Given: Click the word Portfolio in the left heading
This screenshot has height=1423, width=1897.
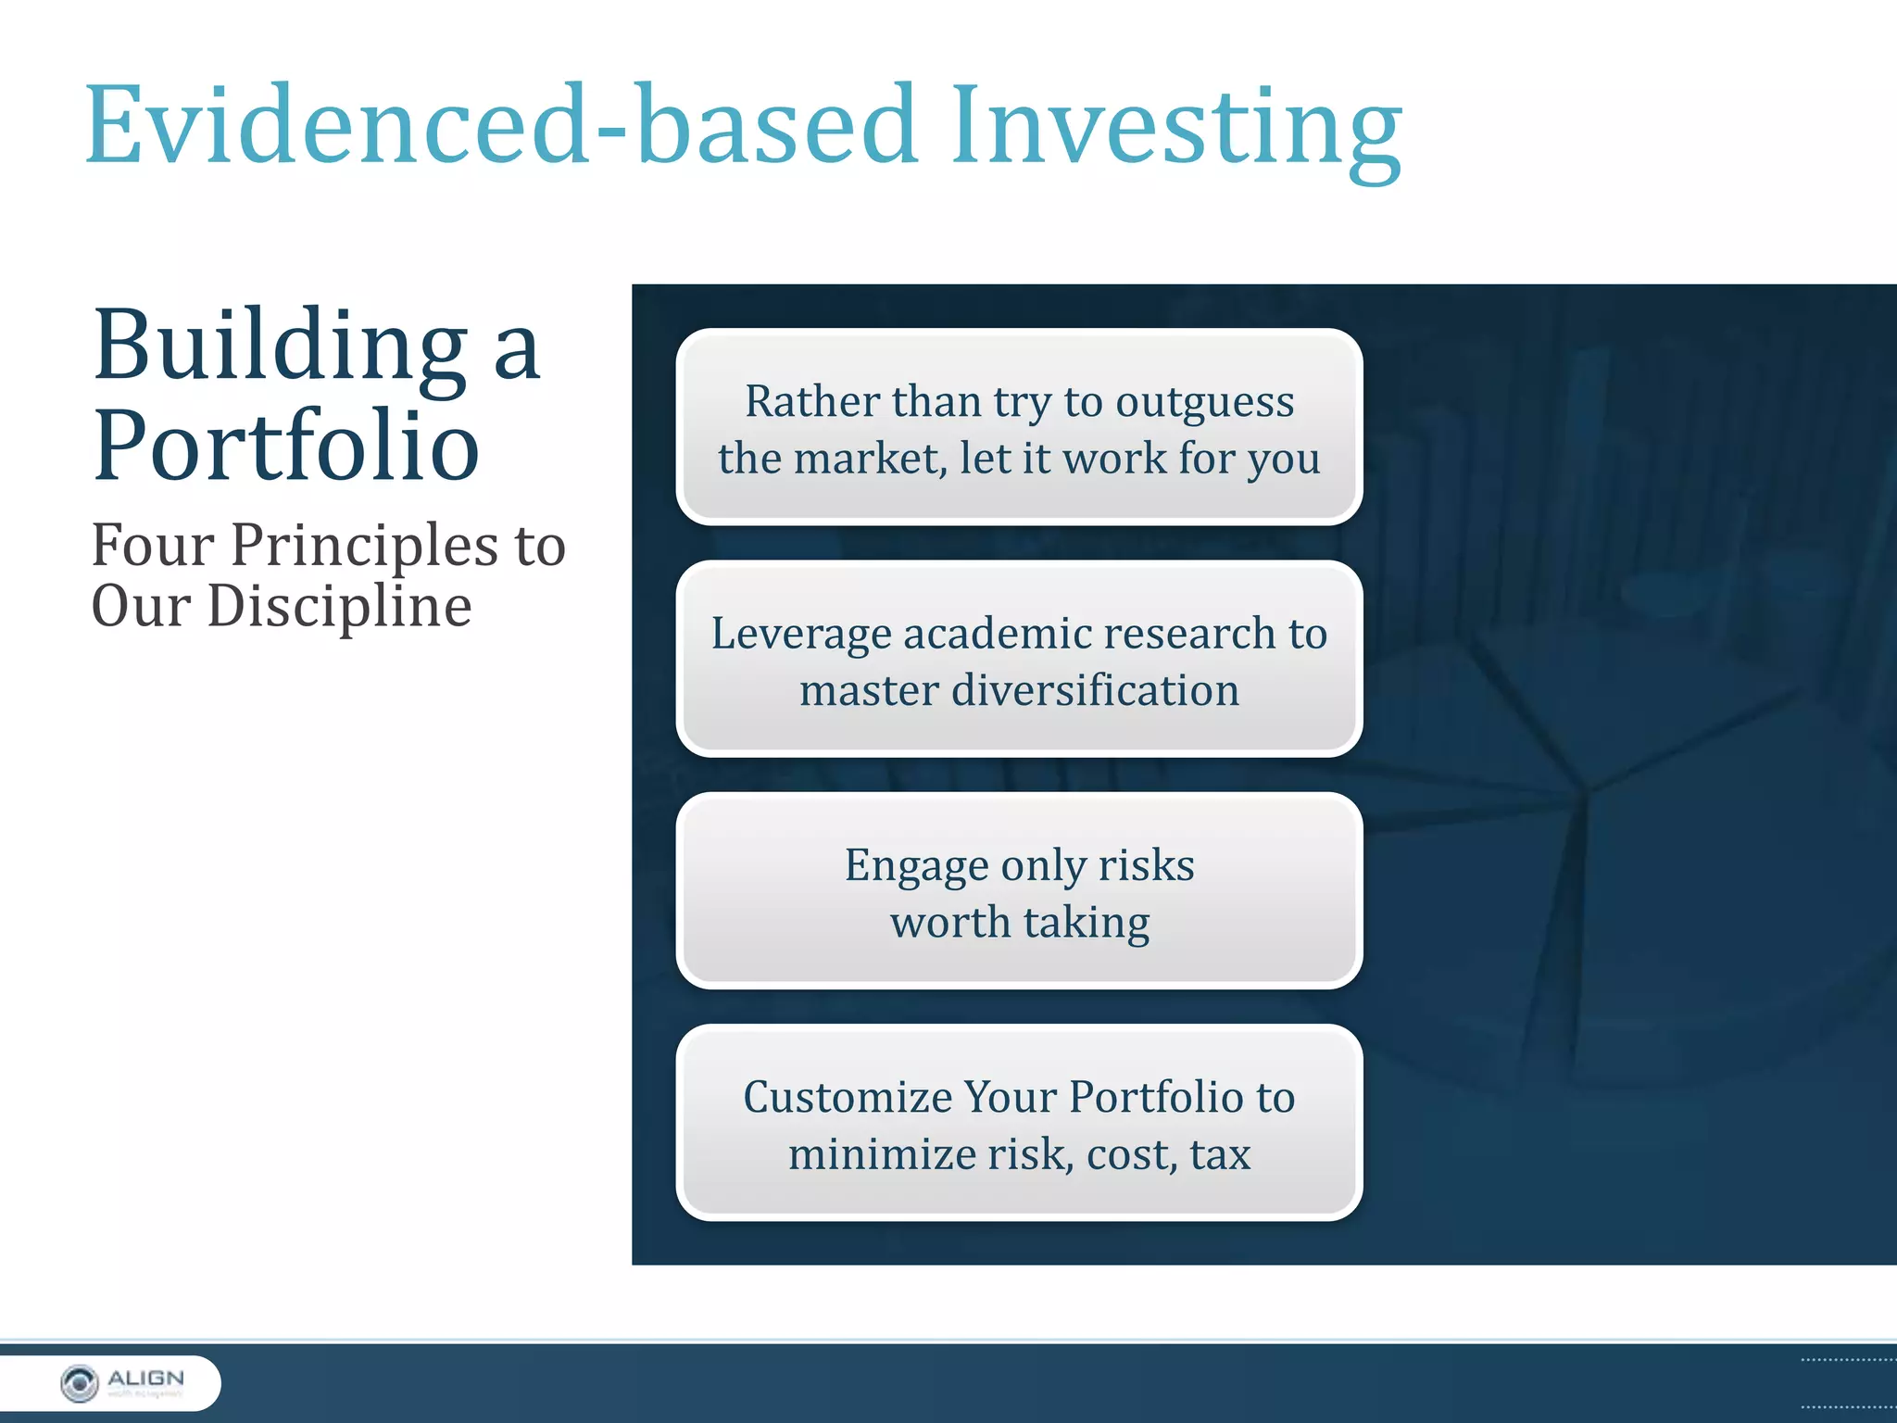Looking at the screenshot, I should pos(286,447).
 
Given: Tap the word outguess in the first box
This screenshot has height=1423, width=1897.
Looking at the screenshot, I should pos(1204,402).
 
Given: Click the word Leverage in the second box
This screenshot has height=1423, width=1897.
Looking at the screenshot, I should pos(801,635).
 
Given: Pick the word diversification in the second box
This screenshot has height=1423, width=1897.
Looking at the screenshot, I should pos(1095,691).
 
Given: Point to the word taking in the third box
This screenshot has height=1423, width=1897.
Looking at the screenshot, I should pos(1086,923).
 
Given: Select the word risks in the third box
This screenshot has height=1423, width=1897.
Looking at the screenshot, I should pos(1146,866).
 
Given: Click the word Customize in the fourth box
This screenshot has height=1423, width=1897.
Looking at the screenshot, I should pos(848,1098).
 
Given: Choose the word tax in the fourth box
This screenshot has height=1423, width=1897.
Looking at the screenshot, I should pos(1220,1154).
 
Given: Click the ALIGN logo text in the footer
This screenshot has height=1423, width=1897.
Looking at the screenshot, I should pos(145,1379).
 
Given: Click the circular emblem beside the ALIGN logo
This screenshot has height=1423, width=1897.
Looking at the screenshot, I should pos(80,1383).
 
